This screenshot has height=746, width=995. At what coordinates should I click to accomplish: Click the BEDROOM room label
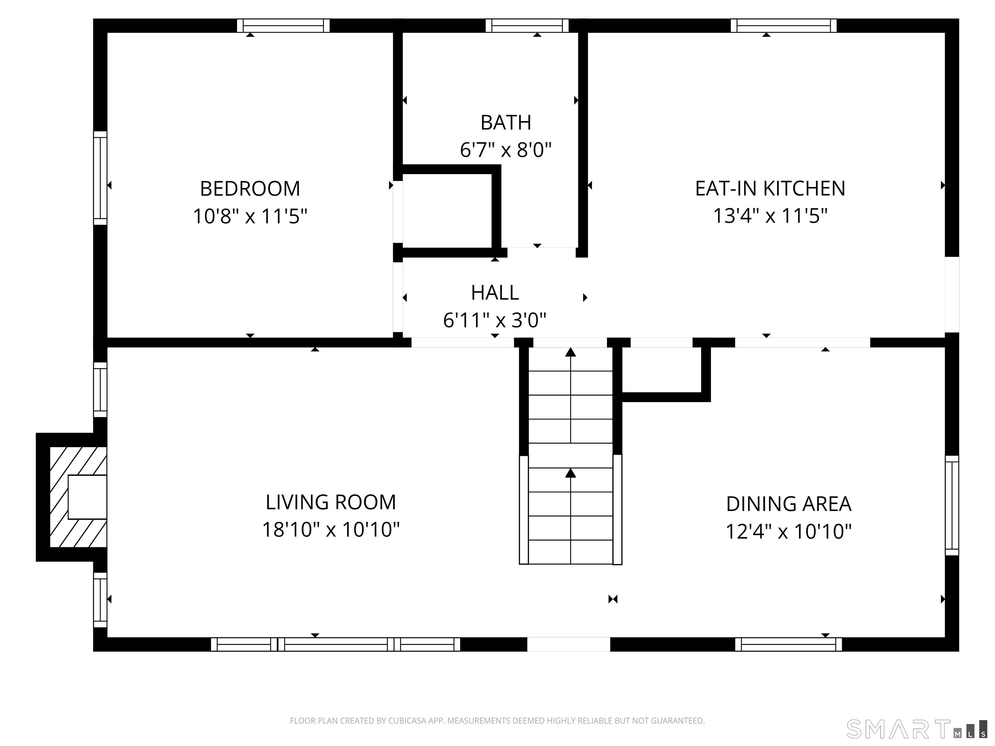250,188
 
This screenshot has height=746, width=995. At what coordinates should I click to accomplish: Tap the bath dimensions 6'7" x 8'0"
506,149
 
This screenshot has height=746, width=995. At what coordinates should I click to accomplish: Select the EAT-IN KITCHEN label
770,188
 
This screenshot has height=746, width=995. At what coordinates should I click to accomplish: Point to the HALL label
495,293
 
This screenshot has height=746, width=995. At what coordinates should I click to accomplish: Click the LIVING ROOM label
331,502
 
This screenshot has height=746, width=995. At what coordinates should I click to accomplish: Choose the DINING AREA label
789,504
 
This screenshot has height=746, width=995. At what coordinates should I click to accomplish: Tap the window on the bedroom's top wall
283,26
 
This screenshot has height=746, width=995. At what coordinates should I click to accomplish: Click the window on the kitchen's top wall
783,26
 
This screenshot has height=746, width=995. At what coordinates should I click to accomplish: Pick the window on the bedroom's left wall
100,178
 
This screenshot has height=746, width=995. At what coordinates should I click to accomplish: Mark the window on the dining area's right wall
952,505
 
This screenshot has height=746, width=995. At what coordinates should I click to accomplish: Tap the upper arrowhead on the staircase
570,352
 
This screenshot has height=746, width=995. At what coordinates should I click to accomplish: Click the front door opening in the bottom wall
568,644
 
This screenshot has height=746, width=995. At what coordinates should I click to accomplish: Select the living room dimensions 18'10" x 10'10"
331,530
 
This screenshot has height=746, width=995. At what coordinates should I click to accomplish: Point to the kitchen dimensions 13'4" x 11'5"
770,216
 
